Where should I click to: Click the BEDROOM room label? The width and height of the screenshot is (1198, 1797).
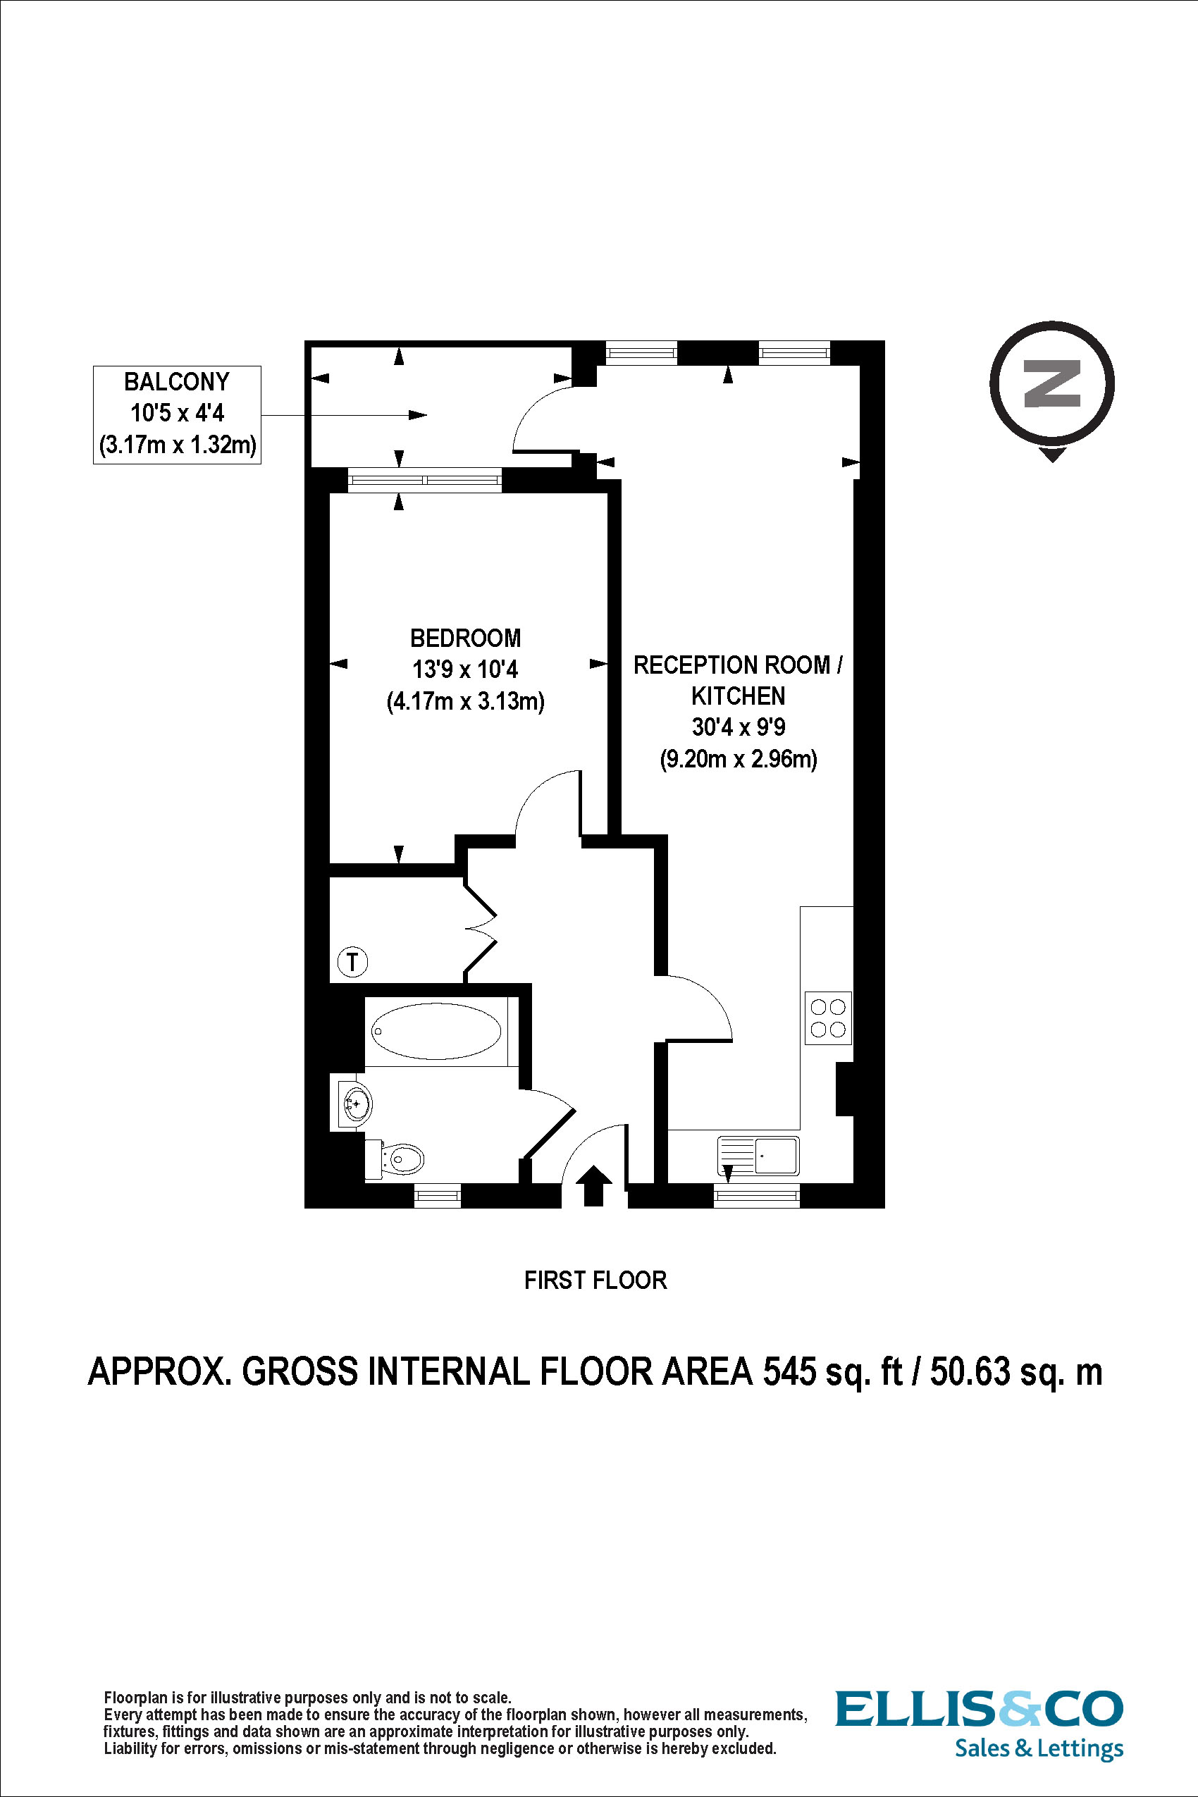pyautogui.click(x=465, y=638)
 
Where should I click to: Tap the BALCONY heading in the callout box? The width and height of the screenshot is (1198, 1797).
pyautogui.click(x=176, y=382)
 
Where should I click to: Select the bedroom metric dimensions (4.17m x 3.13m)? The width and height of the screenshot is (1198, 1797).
pyautogui.click(x=465, y=700)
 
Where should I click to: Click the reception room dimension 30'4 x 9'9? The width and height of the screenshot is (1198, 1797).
pyautogui.click(x=738, y=727)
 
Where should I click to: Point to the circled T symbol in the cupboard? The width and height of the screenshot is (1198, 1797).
pyautogui.click(x=352, y=961)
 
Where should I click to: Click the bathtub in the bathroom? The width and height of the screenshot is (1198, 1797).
pyautogui.click(x=436, y=1032)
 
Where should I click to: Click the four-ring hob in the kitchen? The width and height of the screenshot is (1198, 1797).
pyautogui.click(x=827, y=1018)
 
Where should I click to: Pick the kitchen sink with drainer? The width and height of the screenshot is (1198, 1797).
pyautogui.click(x=758, y=1155)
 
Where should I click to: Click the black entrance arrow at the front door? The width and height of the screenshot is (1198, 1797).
pyautogui.click(x=593, y=1186)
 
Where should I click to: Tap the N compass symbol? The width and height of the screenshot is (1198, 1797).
pyautogui.click(x=1051, y=384)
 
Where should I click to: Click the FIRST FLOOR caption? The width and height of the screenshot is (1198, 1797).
pyautogui.click(x=595, y=1280)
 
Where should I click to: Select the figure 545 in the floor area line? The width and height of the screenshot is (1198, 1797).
pyautogui.click(x=789, y=1372)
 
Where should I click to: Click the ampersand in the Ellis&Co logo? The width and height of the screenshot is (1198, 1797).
pyautogui.click(x=1020, y=1709)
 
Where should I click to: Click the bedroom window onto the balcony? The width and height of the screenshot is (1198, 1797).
pyautogui.click(x=425, y=480)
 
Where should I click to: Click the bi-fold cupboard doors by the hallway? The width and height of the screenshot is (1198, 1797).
pyautogui.click(x=481, y=929)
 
